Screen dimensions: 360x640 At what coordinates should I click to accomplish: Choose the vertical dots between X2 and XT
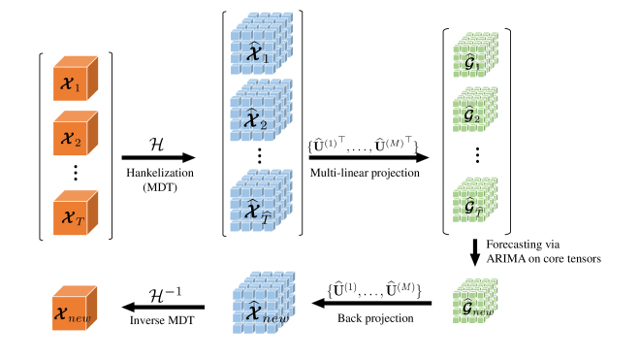click(x=74, y=176)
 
